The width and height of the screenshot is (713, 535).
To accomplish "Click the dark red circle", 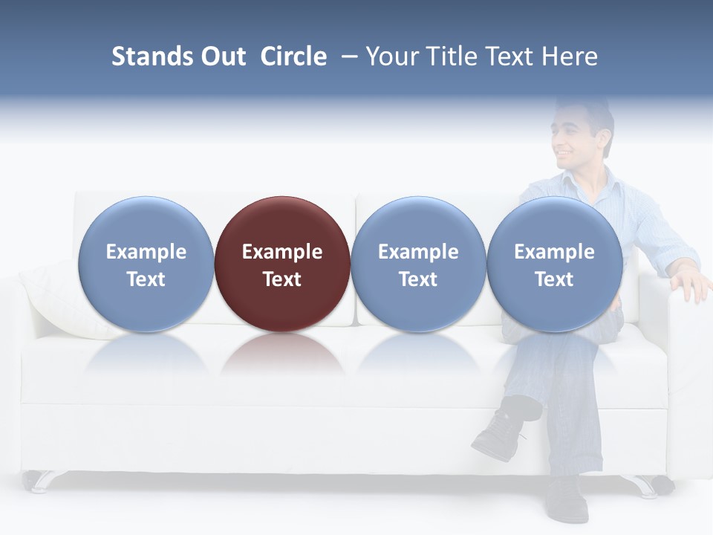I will [x=282, y=264].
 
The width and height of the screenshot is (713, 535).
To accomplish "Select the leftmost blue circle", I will [x=146, y=264].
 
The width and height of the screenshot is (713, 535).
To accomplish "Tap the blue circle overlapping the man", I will [x=555, y=264].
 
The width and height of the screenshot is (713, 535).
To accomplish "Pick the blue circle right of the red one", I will [x=418, y=264].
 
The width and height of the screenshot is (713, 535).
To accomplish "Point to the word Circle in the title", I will [x=293, y=56].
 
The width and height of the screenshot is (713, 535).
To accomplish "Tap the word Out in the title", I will [x=224, y=56].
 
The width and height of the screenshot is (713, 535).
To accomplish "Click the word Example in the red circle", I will [x=282, y=252].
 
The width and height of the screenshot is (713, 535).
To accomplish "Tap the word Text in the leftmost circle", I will [x=146, y=279].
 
